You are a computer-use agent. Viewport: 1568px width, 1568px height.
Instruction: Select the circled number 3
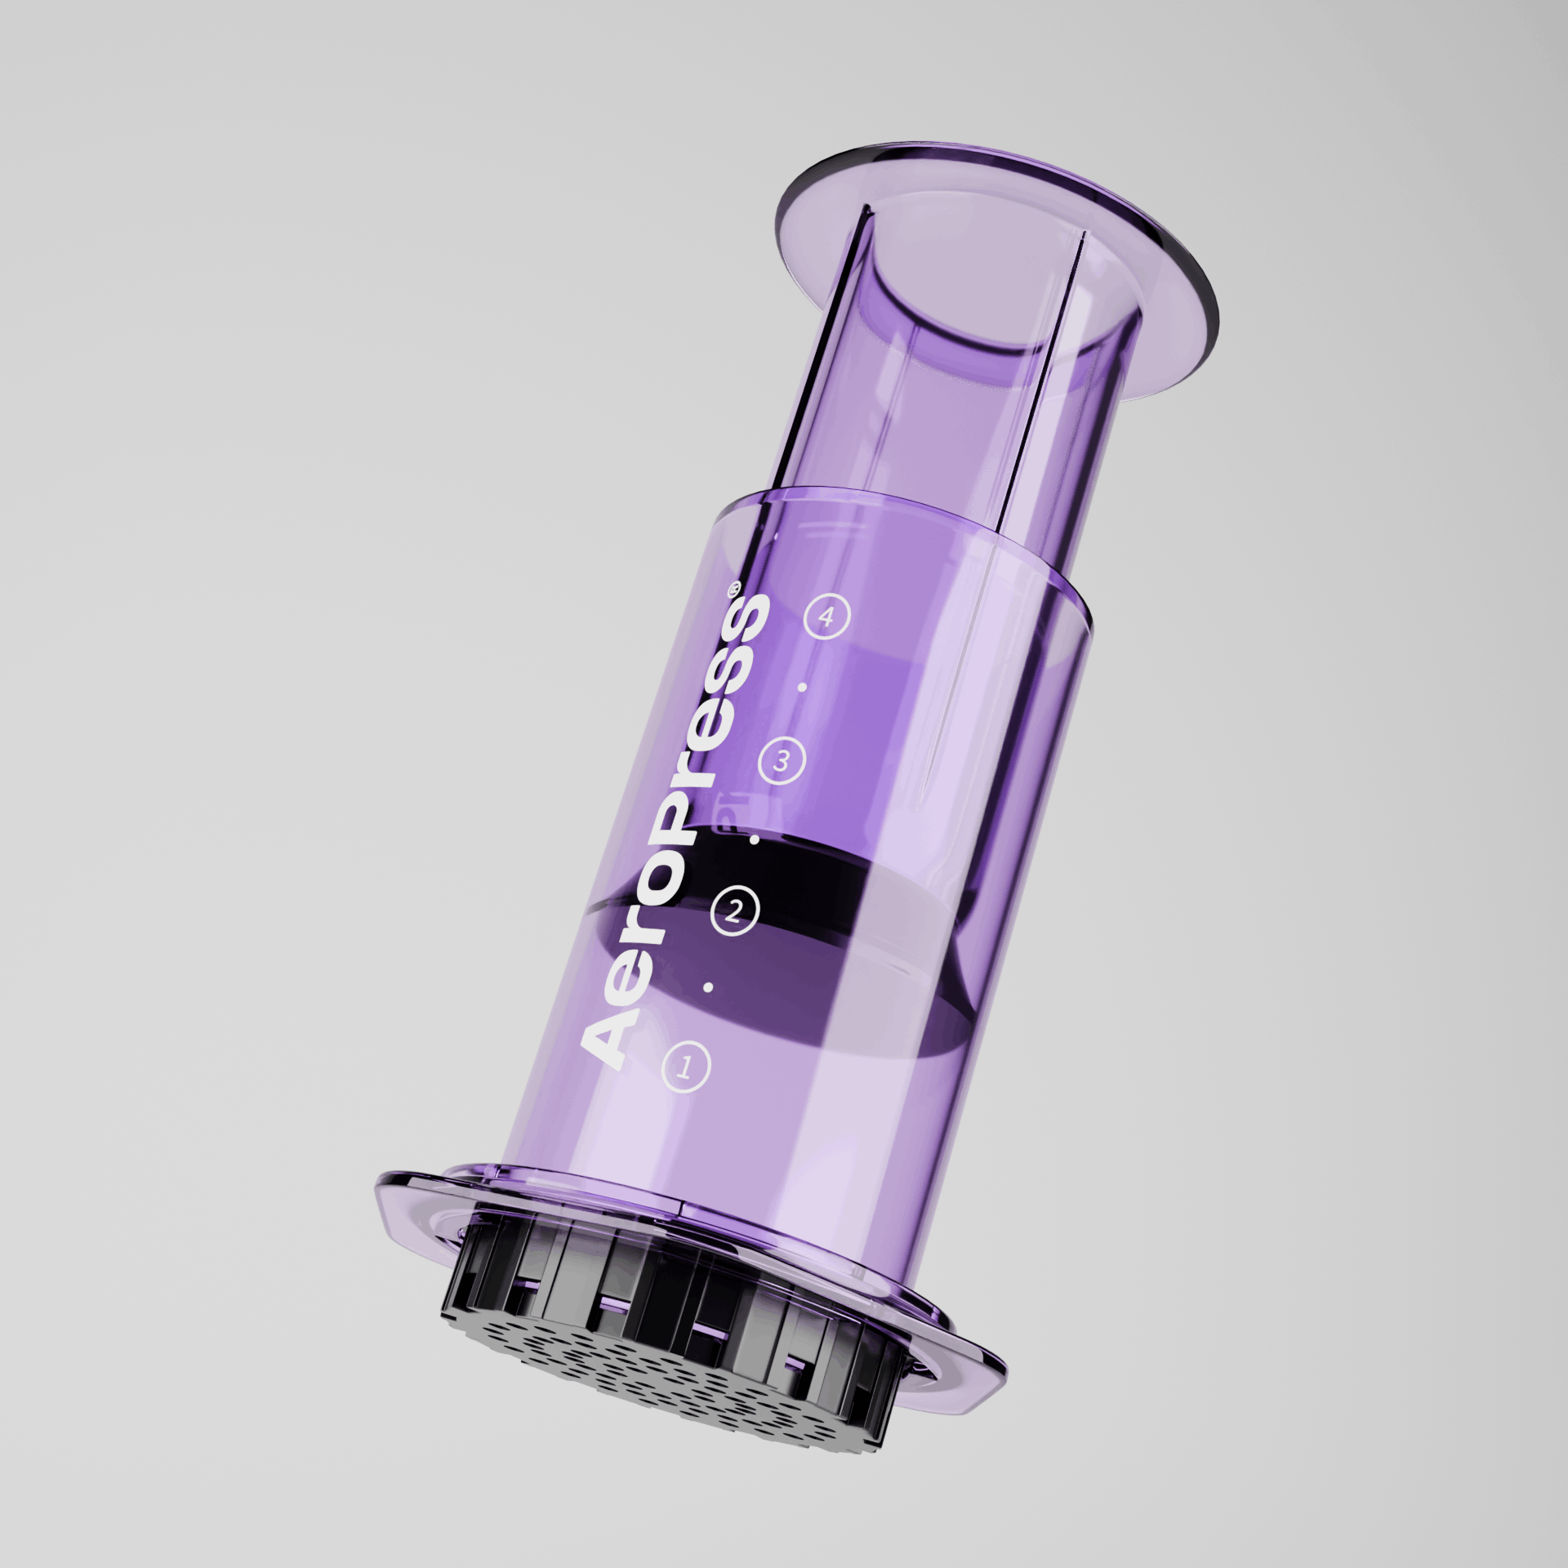[x=782, y=761]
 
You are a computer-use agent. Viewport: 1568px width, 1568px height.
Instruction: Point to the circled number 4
[x=827, y=617]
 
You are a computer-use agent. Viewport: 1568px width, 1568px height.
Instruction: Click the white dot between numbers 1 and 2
[x=709, y=987]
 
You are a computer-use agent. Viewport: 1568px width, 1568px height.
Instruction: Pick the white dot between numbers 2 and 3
[x=755, y=839]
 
